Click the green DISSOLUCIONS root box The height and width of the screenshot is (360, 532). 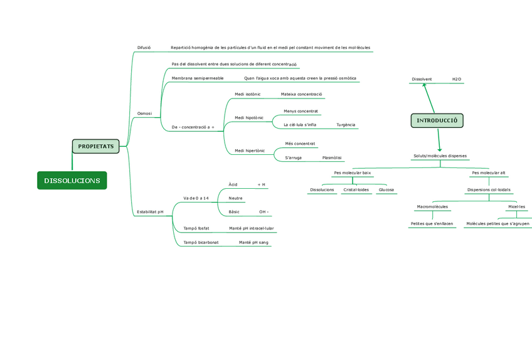point(72,181)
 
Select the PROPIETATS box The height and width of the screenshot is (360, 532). point(96,146)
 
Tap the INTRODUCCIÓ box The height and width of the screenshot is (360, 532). point(437,120)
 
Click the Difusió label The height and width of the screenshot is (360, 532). point(144,48)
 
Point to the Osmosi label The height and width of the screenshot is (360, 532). point(144,114)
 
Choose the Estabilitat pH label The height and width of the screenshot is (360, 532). point(150,212)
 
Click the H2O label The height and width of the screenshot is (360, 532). point(457,80)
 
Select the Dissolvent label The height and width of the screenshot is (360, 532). point(422,80)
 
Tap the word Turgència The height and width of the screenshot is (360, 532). point(346,125)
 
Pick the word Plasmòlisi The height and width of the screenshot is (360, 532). point(332,158)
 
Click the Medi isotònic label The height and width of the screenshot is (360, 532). point(247,95)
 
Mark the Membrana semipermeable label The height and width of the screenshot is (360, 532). point(198,78)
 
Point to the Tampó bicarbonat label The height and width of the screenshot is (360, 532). point(201,242)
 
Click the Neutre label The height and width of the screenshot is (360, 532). point(235,198)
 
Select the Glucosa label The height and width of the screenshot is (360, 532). point(386,189)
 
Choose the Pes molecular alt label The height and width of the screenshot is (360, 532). point(488,172)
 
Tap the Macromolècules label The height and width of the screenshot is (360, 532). point(432,206)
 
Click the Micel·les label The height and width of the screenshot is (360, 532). point(516,206)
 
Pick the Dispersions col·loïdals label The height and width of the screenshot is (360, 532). point(489,189)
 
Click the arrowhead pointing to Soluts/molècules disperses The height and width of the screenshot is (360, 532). point(440,149)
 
